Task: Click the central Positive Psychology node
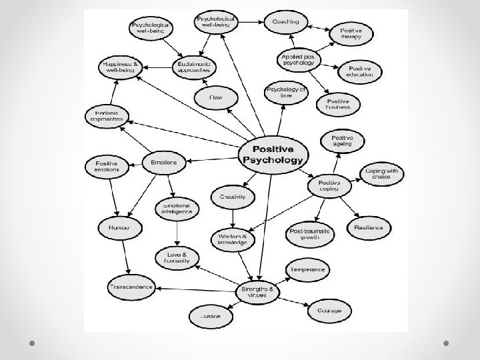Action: pyautogui.click(x=274, y=154)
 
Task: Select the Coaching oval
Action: pyautogui.click(x=285, y=22)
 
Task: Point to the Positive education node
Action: pyautogui.click(x=359, y=70)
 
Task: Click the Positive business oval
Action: pyautogui.click(x=343, y=103)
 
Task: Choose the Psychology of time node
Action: pyautogui.click(x=287, y=92)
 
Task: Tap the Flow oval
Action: pyautogui.click(x=215, y=98)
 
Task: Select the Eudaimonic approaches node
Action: pyautogui.click(x=194, y=66)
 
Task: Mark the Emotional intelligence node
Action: pyautogui.click(x=177, y=211)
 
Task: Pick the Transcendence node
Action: pyautogui.click(x=131, y=287)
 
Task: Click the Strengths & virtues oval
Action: pyautogui.click(x=259, y=291)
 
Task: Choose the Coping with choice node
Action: pyautogui.click(x=381, y=173)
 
